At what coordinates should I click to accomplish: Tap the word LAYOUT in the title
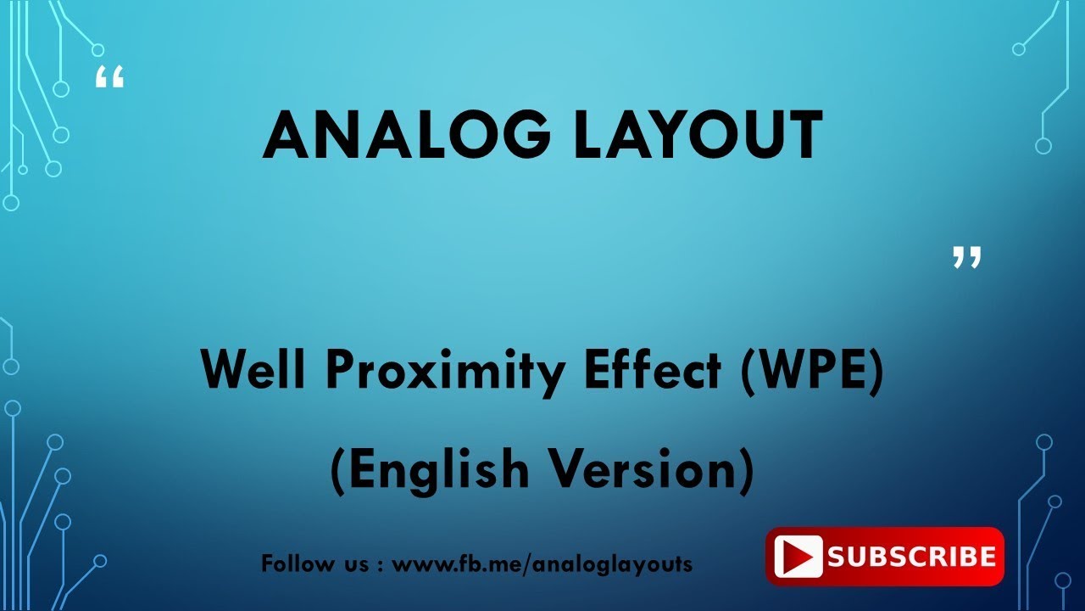tap(698, 136)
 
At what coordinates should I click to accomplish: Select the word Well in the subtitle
tap(252, 372)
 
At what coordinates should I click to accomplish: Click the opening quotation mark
tap(109, 77)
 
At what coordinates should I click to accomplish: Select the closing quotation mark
tap(966, 257)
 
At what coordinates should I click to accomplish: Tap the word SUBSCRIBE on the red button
tap(911, 558)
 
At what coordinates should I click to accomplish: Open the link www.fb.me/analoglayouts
tap(542, 563)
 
